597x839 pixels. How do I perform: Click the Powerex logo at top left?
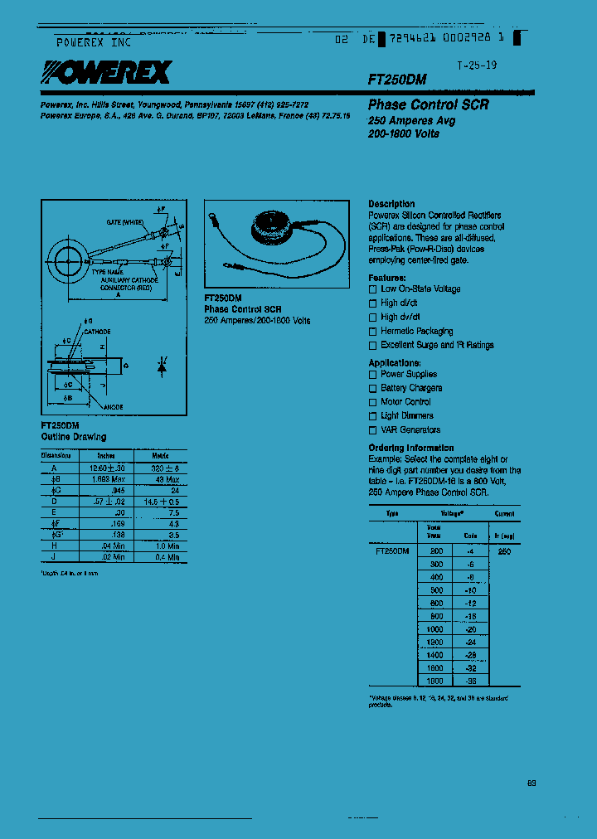click(x=105, y=75)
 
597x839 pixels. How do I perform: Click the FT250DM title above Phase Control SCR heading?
click(x=397, y=80)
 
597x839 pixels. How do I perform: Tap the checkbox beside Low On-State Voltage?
click(x=373, y=289)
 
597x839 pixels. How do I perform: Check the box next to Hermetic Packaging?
click(x=373, y=332)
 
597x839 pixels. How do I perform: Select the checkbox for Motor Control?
click(x=373, y=402)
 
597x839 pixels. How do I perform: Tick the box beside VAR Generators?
click(x=373, y=430)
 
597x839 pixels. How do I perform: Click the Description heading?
click(x=391, y=204)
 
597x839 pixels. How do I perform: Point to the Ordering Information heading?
click(x=411, y=448)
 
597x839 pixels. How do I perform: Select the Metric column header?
click(x=160, y=455)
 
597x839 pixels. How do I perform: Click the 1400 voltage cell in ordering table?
click(x=434, y=655)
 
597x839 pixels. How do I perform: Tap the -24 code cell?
click(x=470, y=643)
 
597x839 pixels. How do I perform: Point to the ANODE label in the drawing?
click(x=114, y=407)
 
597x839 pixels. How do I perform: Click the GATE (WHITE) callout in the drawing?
click(x=125, y=222)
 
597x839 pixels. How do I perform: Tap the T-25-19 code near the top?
click(x=477, y=65)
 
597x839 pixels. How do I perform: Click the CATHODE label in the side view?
click(x=97, y=331)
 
